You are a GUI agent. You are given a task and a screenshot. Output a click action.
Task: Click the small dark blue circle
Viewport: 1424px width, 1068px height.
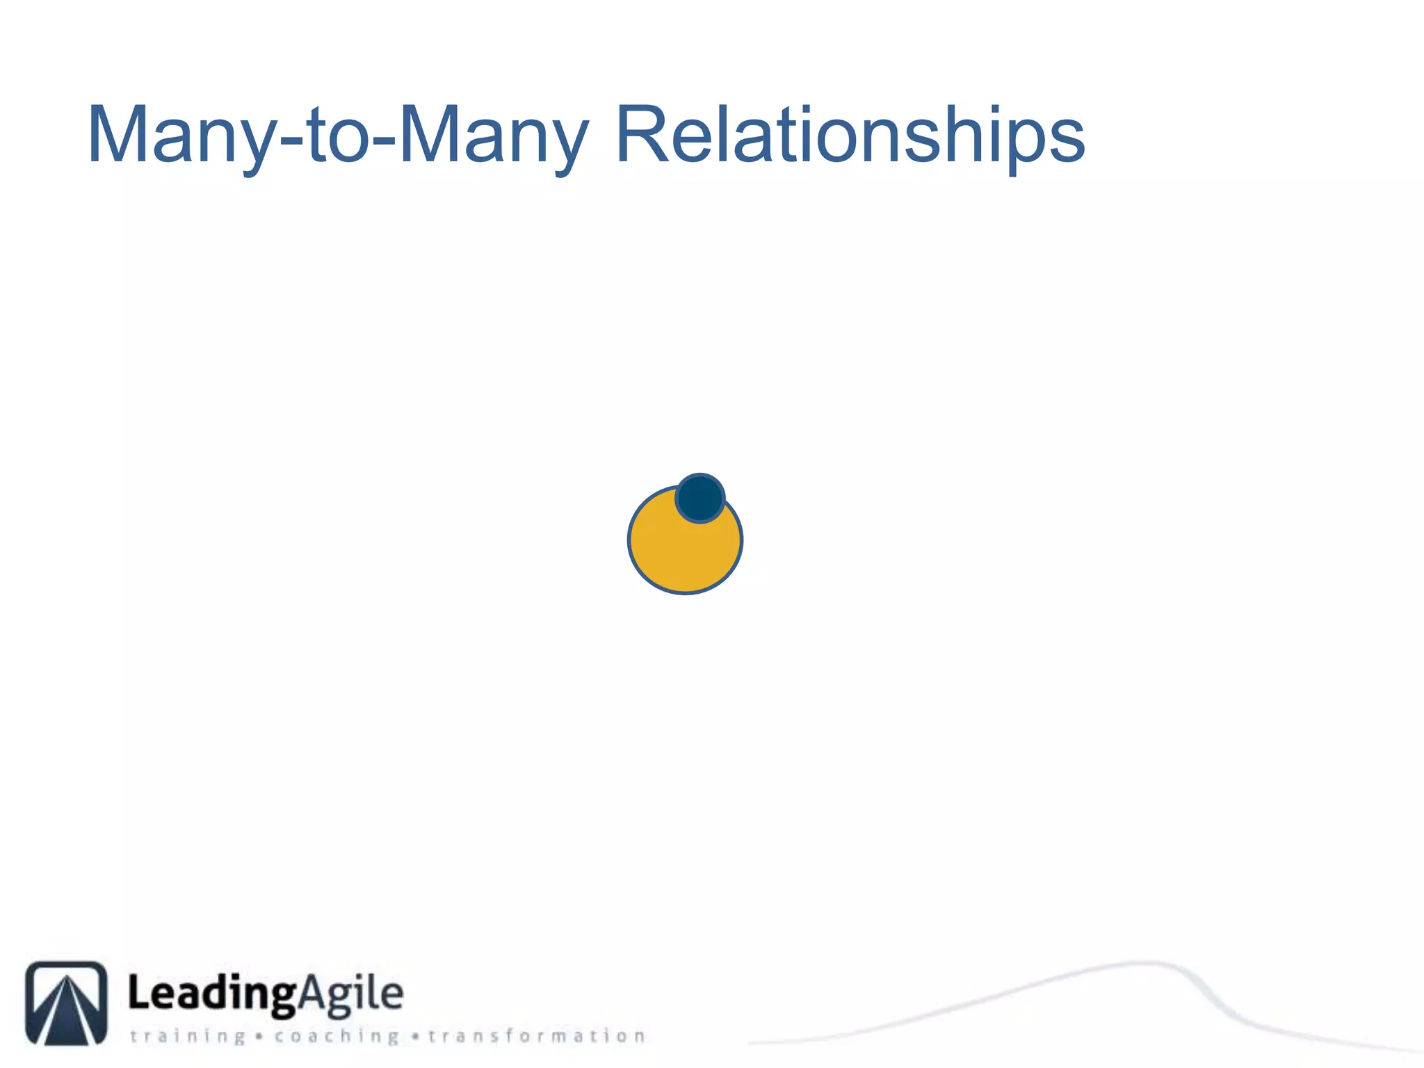700,498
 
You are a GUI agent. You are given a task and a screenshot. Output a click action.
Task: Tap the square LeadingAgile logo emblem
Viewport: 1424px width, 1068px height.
67,1003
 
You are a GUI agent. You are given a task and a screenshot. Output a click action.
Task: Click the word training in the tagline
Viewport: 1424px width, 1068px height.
188,1037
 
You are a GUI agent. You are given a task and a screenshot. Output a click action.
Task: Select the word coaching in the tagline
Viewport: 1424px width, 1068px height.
337,1037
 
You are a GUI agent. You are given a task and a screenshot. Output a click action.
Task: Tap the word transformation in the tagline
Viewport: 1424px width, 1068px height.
536,1037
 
